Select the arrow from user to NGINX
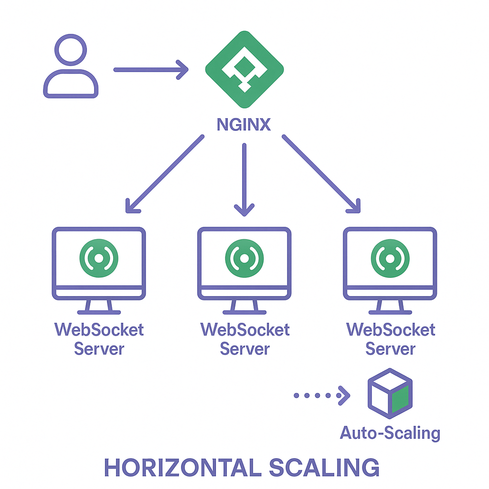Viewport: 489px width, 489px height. click(x=150, y=70)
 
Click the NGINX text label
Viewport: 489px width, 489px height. click(x=244, y=125)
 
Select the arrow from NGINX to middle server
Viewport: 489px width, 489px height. click(x=244, y=179)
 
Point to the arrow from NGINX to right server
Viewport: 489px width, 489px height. click(x=321, y=173)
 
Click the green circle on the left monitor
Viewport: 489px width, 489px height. click(x=98, y=258)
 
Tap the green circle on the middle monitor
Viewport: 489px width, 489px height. click(x=244, y=258)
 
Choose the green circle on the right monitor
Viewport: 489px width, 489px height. click(x=390, y=258)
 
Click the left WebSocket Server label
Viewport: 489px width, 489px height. click(x=99, y=339)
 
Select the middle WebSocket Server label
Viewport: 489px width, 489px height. click(x=244, y=339)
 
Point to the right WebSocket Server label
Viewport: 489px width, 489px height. click(x=391, y=339)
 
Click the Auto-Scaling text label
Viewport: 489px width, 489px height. click(x=390, y=433)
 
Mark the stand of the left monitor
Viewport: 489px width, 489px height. click(x=99, y=307)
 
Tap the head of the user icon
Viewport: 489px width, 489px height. click(x=71, y=50)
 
